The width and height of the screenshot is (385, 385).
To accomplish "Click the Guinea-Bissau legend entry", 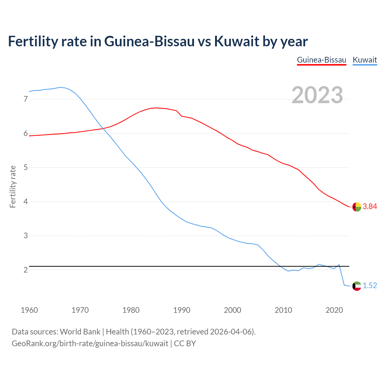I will (322, 60).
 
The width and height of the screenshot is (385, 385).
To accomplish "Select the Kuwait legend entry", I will (365, 60).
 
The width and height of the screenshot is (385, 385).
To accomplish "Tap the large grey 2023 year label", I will (317, 95).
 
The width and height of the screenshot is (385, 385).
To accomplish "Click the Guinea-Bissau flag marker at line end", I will (357, 207).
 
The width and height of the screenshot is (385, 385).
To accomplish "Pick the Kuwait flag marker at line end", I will (357, 286).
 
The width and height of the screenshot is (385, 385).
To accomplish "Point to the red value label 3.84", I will (370, 207).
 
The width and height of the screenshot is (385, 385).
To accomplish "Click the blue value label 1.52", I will (370, 286).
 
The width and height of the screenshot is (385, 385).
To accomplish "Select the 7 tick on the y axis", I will (26, 99).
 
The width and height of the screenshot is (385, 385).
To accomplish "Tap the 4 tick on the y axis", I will (26, 202).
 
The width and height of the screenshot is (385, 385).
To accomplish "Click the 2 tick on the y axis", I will (26, 270).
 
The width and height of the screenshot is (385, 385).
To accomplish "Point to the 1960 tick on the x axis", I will (29, 310).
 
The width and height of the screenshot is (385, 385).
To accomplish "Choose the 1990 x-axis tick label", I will (182, 310).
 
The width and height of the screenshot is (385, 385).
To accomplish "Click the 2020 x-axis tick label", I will (334, 310).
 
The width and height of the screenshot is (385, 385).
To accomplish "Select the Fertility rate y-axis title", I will (13, 186).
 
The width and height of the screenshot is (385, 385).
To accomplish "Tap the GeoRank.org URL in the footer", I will (90, 343).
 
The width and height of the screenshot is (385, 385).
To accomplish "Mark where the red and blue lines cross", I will (103, 128).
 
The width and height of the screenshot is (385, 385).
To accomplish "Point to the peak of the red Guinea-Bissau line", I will (156, 108).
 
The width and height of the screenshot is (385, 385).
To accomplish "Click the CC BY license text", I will (185, 343).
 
